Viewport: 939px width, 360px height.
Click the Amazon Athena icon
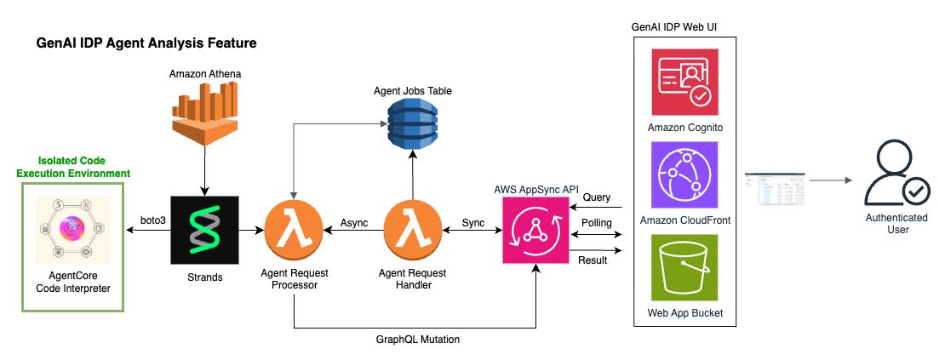tap(204, 116)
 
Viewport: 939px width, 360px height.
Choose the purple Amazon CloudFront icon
tap(684, 174)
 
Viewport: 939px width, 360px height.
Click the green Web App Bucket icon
tap(684, 267)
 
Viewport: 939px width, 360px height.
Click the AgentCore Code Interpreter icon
tap(72, 231)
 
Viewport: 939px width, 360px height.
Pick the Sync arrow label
tap(472, 222)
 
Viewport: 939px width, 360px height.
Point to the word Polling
tap(596, 222)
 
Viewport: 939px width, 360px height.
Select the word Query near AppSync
tap(597, 197)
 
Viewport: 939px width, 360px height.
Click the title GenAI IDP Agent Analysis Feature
tap(146, 42)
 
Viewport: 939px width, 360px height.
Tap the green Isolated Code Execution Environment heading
tap(72, 166)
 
